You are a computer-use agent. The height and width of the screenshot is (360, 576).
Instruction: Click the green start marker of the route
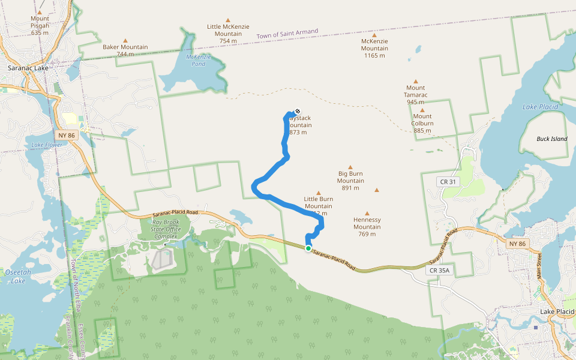coord(308,248)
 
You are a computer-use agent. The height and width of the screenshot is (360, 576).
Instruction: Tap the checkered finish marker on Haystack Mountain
coord(297,112)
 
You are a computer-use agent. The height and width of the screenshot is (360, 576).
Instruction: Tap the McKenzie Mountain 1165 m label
coord(374,48)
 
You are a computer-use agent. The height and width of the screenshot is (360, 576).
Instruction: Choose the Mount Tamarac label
coord(415,95)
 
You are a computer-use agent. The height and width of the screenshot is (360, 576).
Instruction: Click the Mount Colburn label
coord(422,123)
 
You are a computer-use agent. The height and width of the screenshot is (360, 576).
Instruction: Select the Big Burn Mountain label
coord(350,181)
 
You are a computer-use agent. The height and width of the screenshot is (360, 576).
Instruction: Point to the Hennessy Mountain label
coord(367,226)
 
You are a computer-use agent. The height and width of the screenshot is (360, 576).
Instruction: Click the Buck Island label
coord(551,139)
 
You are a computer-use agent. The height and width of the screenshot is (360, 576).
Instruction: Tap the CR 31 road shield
coord(448,182)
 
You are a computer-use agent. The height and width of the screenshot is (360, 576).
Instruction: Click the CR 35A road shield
coord(440,271)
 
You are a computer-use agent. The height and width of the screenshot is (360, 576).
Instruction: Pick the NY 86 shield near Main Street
coord(517,244)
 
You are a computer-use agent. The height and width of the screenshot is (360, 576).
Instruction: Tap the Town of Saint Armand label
coord(287,34)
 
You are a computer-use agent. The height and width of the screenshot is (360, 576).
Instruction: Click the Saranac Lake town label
coord(28,68)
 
